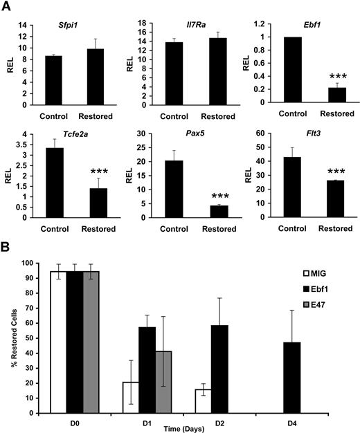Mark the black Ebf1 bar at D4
pos(302,377)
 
